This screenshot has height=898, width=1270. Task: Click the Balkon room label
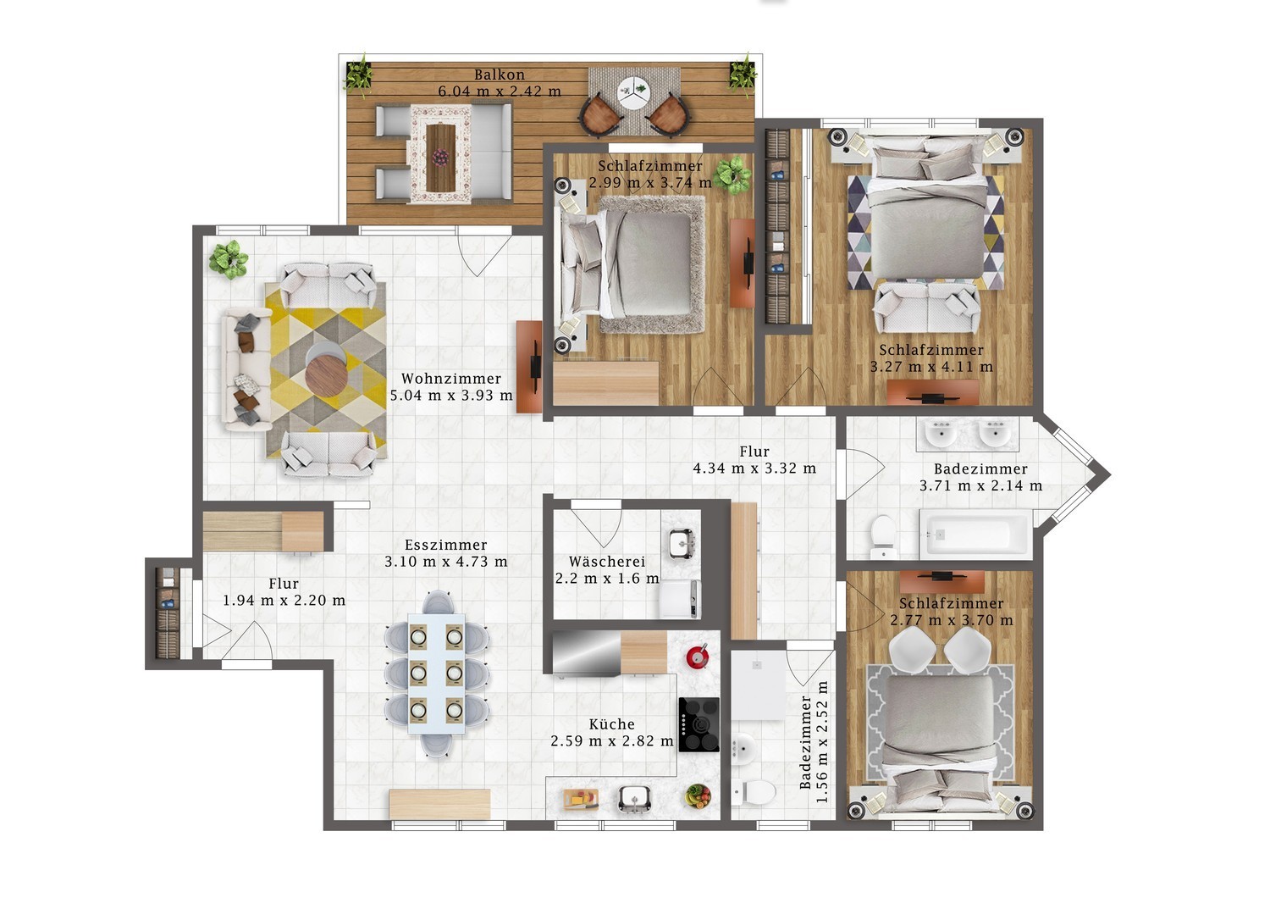click(500, 75)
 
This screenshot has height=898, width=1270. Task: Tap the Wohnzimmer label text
click(451, 379)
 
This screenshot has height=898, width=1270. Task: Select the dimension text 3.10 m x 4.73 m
click(446, 562)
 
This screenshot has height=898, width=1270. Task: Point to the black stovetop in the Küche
click(699, 725)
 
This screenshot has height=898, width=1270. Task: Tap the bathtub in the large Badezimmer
click(975, 532)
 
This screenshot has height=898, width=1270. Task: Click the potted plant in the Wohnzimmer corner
click(229, 259)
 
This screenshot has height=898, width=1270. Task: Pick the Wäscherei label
click(607, 562)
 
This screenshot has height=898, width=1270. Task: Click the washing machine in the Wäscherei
click(681, 599)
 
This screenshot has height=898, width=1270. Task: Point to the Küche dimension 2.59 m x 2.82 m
click(612, 741)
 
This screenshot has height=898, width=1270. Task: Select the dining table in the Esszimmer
click(437, 673)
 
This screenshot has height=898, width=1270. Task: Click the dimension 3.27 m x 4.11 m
click(931, 367)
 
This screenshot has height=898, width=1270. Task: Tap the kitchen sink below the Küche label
click(634, 799)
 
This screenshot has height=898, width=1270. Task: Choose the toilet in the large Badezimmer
click(882, 536)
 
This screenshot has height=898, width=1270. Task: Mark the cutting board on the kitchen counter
click(581, 799)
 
